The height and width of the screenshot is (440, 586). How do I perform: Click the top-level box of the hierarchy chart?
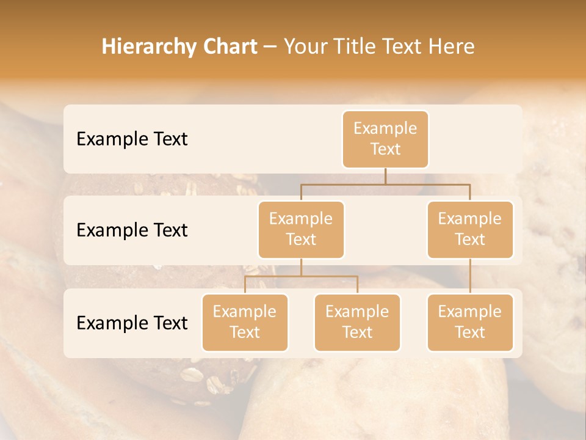point(385,139)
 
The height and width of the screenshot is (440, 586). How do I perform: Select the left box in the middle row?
point(301,229)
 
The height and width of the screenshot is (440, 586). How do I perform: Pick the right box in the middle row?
point(470,229)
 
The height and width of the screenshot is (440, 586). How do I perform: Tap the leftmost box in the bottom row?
point(245,322)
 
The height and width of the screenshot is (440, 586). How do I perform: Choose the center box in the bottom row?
point(357,322)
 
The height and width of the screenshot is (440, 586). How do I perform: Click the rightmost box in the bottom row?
point(470,322)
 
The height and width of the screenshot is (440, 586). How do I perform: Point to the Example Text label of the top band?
point(132,139)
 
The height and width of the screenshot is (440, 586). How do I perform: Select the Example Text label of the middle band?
point(132,230)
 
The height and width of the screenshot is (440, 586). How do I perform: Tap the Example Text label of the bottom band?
point(132,323)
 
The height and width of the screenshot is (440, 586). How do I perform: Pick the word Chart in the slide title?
point(226,46)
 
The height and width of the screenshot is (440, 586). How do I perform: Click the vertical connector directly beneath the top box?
point(385,176)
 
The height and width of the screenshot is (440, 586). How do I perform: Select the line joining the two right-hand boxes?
point(470,276)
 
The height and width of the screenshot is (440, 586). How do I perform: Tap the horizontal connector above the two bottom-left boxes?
point(301,276)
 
